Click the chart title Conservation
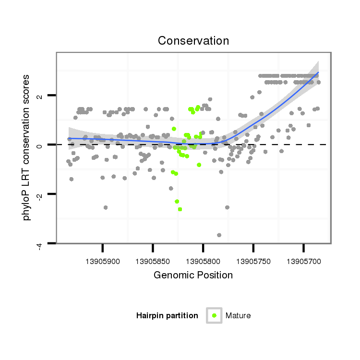[193, 41]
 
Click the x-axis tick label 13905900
[103, 262]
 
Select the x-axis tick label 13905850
[153, 262]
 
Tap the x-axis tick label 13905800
[203, 262]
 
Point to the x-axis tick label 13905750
[253, 262]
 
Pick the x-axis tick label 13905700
[303, 262]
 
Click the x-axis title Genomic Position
[193, 276]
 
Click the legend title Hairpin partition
[167, 315]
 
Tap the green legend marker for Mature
[214, 315]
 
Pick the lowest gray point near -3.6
[219, 235]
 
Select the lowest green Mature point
[180, 209]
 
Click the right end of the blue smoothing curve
[318, 72]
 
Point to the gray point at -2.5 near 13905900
[106, 207]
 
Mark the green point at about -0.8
[199, 165]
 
